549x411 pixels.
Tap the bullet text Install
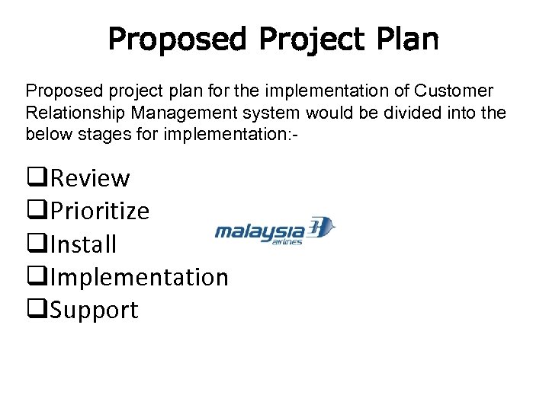click(x=83, y=244)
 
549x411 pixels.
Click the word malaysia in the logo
click(x=259, y=230)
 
